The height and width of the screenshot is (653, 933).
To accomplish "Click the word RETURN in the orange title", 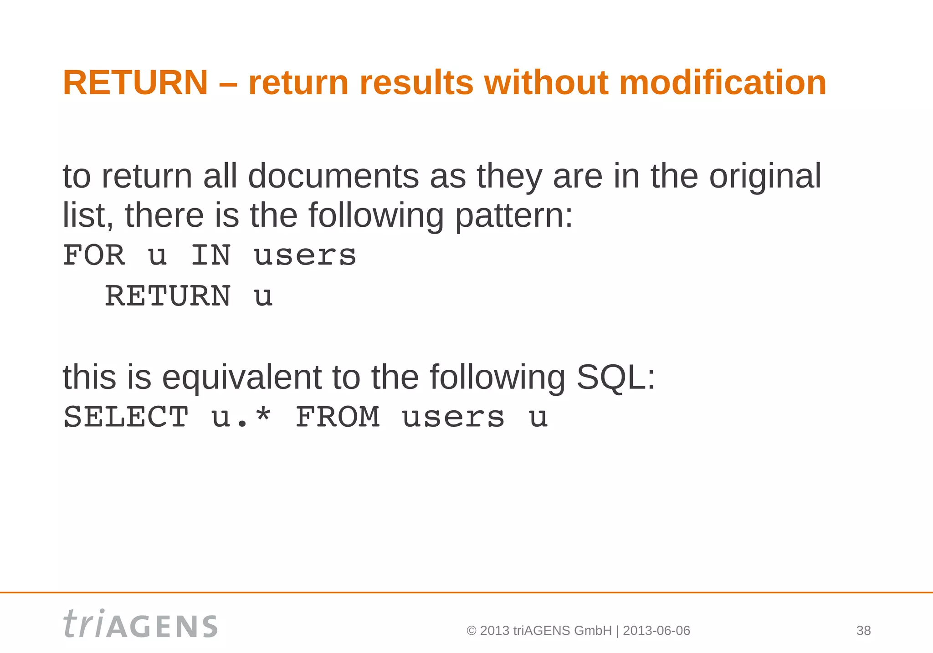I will (135, 83).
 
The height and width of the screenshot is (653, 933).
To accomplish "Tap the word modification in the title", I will (723, 83).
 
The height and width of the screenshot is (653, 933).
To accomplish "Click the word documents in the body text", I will (333, 176).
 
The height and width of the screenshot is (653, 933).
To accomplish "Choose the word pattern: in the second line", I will (514, 216).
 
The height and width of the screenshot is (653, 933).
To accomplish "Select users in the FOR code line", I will (305, 256).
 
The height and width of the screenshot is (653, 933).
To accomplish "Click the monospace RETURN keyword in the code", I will (168, 296).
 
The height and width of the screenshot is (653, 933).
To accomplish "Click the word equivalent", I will (242, 378).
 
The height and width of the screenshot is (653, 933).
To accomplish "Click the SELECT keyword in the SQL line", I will (126, 417).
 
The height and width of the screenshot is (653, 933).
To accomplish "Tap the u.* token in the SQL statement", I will (241, 417).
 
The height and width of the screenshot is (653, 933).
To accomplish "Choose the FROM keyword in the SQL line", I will (338, 417).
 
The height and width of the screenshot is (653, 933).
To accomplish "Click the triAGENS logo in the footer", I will (140, 624).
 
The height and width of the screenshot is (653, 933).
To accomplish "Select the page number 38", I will (863, 631).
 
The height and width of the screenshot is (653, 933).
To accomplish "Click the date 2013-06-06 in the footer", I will (656, 631).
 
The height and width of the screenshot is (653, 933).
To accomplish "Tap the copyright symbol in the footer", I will (472, 631).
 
